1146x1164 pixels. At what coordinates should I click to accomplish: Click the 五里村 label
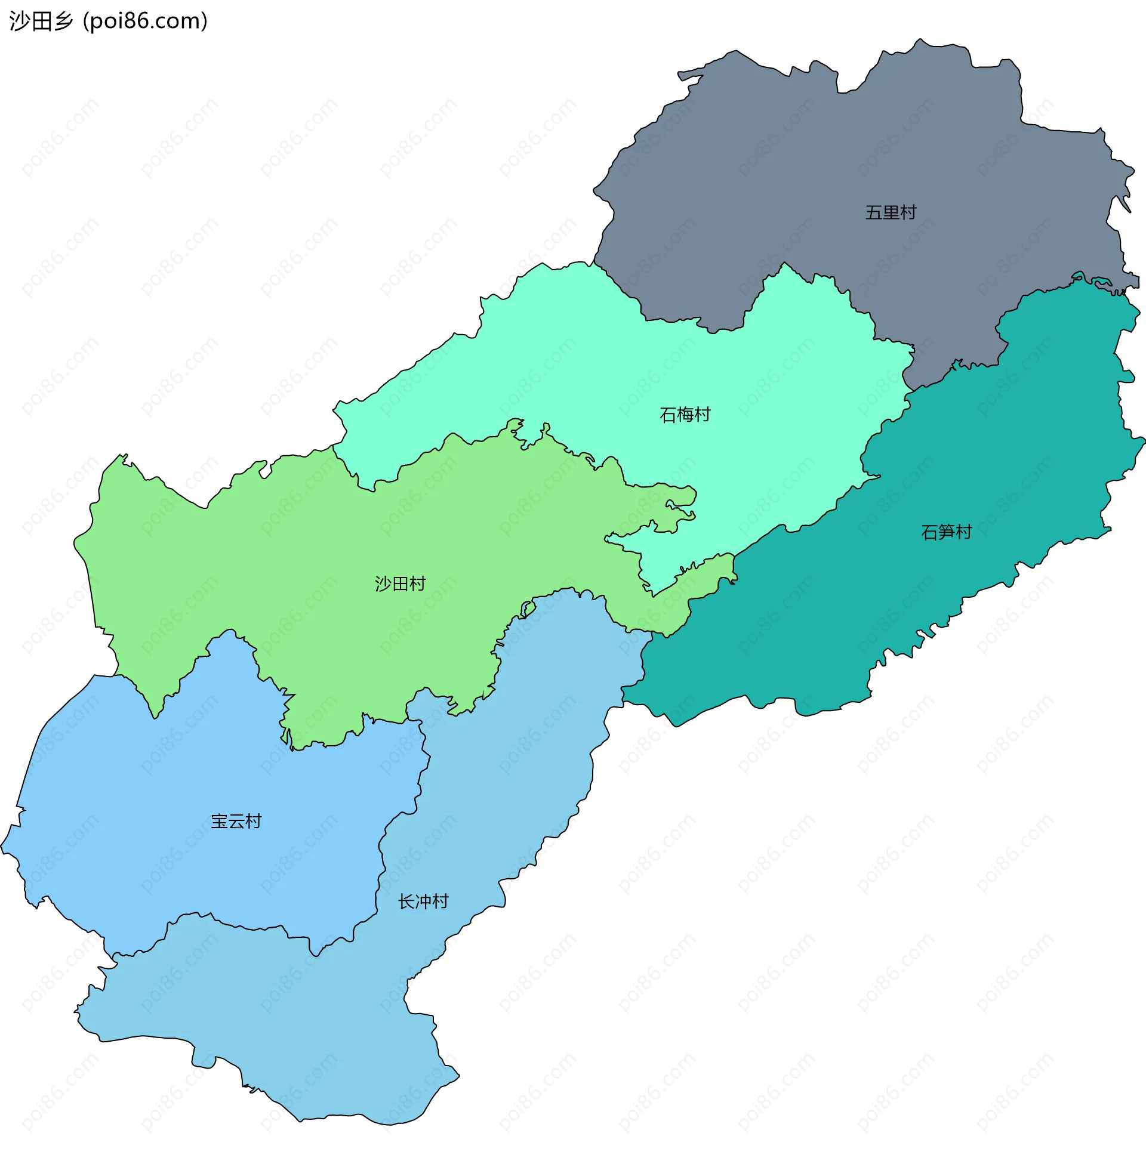point(890,212)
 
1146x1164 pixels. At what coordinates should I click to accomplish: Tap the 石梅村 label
point(685,415)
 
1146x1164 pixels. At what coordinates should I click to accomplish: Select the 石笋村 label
point(946,532)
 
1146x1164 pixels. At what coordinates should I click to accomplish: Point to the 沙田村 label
point(400,583)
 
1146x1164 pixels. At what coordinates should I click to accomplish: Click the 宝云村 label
point(236,821)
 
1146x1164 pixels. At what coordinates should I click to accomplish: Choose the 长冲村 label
point(423,901)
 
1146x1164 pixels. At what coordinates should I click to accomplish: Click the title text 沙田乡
point(41,21)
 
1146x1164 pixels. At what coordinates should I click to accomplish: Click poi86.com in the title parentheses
point(145,21)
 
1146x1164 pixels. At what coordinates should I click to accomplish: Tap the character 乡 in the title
point(63,21)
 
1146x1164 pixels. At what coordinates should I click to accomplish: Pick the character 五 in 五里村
point(873,212)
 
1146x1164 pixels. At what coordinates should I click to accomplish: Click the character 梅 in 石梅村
point(685,415)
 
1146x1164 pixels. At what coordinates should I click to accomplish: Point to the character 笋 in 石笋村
point(947,532)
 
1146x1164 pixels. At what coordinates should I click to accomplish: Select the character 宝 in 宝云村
point(219,821)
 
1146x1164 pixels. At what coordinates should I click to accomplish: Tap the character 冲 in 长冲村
point(424,901)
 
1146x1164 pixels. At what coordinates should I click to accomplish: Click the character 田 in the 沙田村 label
point(401,583)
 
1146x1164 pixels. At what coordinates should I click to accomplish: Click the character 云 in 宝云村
point(236,821)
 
